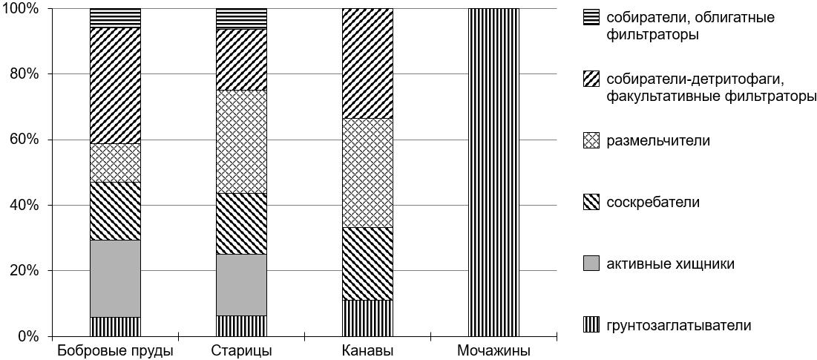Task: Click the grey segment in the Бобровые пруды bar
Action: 115,278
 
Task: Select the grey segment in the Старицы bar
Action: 241,285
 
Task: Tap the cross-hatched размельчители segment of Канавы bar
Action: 367,172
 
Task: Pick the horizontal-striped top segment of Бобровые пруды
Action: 115,18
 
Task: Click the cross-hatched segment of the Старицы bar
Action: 241,141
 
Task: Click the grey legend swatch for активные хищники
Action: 591,264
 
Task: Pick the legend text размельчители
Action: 657,140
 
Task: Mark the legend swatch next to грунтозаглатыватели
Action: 591,325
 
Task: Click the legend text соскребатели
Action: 652,202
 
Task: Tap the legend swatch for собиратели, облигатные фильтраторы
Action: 591,16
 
